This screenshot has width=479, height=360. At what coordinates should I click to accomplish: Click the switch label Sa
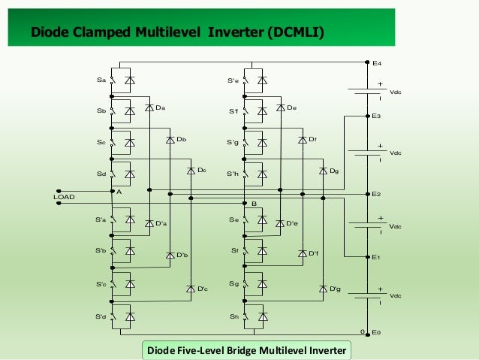pyautogui.click(x=101, y=80)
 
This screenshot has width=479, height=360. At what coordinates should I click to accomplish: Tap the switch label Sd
pyautogui.click(x=101, y=174)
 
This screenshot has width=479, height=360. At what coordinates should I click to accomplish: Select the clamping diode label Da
pyautogui.click(x=160, y=108)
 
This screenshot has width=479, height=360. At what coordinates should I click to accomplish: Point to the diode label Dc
pyautogui.click(x=201, y=171)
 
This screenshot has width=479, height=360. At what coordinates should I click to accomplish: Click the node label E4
pyautogui.click(x=377, y=65)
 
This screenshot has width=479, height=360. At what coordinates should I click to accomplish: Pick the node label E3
pyautogui.click(x=377, y=116)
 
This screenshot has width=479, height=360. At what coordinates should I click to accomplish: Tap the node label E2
pyautogui.click(x=377, y=194)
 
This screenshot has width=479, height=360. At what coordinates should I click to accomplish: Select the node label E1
pyautogui.click(x=377, y=258)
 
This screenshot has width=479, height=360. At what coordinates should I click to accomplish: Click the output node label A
pyautogui.click(x=118, y=191)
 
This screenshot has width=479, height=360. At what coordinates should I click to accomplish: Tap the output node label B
pyautogui.click(x=255, y=204)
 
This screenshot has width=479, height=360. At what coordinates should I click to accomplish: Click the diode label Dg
pyautogui.click(x=334, y=171)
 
